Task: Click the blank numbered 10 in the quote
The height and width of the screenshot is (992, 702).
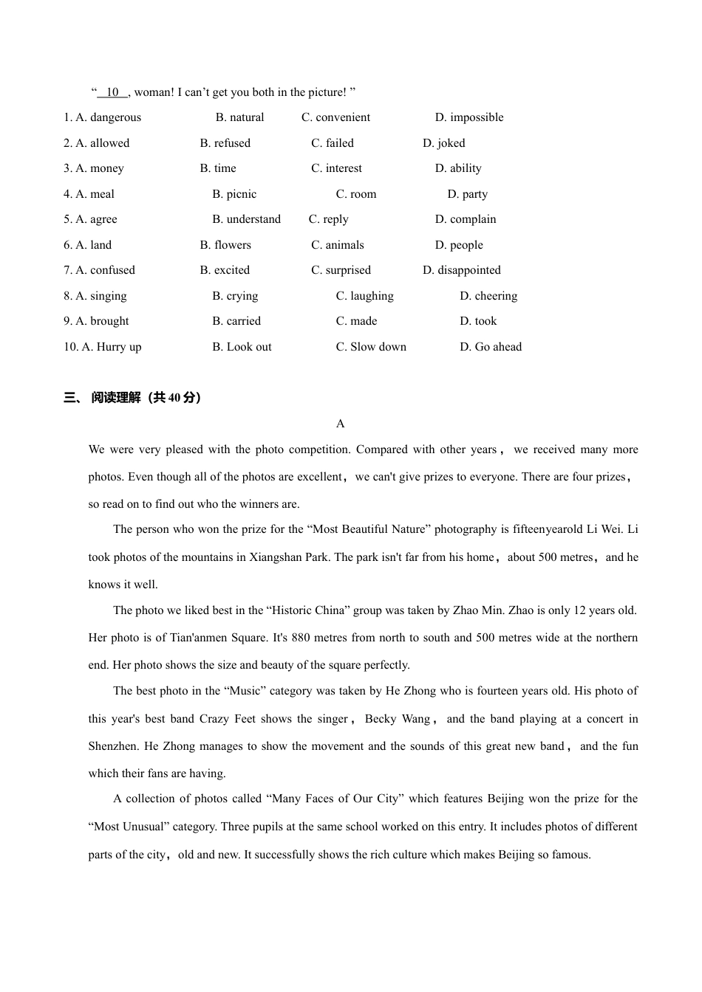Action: pyautogui.click(x=112, y=92)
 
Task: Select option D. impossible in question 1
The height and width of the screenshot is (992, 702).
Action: pyautogui.click(x=468, y=117)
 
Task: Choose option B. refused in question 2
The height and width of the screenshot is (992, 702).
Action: pyautogui.click(x=225, y=143)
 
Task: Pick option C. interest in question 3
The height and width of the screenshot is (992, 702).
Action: pyautogui.click(x=336, y=168)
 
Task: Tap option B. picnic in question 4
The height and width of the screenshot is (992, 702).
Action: pyautogui.click(x=234, y=194)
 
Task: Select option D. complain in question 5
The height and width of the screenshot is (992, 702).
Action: pyautogui.click(x=465, y=219)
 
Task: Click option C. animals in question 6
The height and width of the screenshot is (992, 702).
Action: pyautogui.click(x=337, y=245)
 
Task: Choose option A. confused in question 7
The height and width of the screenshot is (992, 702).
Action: pyautogui.click(x=99, y=270)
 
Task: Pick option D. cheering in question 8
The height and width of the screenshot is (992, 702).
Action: pyautogui.click(x=488, y=296)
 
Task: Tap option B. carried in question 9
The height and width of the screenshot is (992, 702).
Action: pyautogui.click(x=236, y=321)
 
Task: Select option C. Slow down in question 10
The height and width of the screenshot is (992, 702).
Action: pyautogui.click(x=371, y=347)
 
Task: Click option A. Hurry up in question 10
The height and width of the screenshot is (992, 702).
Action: pyautogui.click(x=102, y=347)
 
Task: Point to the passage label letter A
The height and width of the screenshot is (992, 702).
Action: pyautogui.click(x=340, y=424)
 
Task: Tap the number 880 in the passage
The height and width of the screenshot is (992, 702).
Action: pyautogui.click(x=301, y=638)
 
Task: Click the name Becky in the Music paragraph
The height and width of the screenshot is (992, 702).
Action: pyautogui.click(x=381, y=719)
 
